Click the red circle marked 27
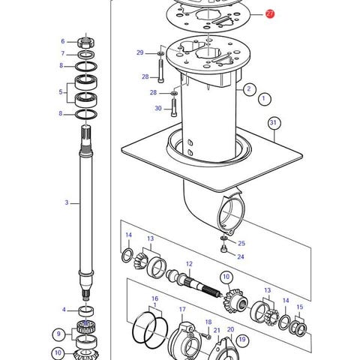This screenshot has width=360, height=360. coord(270,13)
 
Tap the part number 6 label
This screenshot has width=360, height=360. coord(63,41)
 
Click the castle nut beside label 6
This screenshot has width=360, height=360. coord(86,42)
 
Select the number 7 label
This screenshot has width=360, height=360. coord(63,53)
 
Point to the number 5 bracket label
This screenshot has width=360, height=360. coord(61,91)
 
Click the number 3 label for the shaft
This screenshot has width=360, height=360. coord(67,202)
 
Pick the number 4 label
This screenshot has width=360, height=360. coord(64,310)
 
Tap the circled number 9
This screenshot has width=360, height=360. coord(58,334)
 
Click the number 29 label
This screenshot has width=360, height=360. coord(140,52)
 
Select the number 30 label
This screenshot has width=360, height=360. coord(158,108)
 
